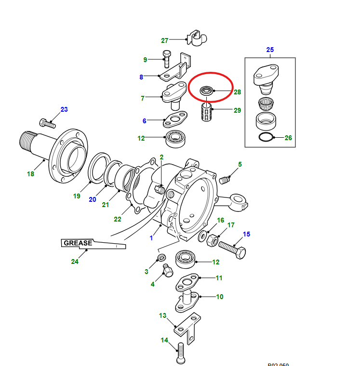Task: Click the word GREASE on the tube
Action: tap(77, 243)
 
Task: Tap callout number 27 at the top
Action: tap(165, 40)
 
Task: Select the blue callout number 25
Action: tap(270, 50)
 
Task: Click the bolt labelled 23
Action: tap(47, 124)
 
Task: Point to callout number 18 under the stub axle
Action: tap(30, 173)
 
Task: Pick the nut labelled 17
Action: tap(212, 240)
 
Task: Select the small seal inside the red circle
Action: tap(207, 90)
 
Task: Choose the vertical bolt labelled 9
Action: tap(167, 59)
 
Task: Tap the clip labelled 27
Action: tap(195, 38)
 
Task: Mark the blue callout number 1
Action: tap(151, 238)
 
